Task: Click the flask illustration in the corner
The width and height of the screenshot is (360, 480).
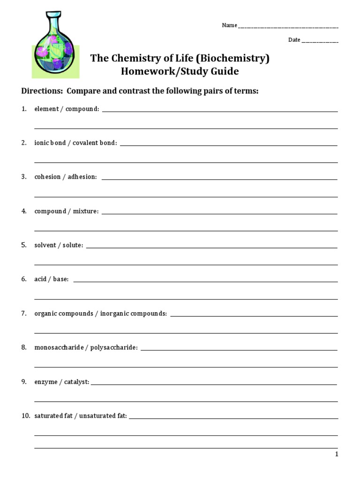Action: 55,45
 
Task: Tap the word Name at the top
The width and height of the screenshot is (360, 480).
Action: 229,25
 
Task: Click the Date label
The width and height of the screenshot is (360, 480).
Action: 294,40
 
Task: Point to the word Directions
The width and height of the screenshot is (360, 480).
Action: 40,91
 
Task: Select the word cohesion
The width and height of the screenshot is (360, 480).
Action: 47,177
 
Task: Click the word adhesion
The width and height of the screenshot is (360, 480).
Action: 82,177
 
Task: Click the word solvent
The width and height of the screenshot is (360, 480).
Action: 45,245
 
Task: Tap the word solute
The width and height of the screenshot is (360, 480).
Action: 73,245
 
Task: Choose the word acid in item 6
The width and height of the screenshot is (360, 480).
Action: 40,279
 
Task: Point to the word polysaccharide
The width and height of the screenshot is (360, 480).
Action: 114,347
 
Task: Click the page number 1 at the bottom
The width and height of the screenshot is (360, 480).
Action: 336,454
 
